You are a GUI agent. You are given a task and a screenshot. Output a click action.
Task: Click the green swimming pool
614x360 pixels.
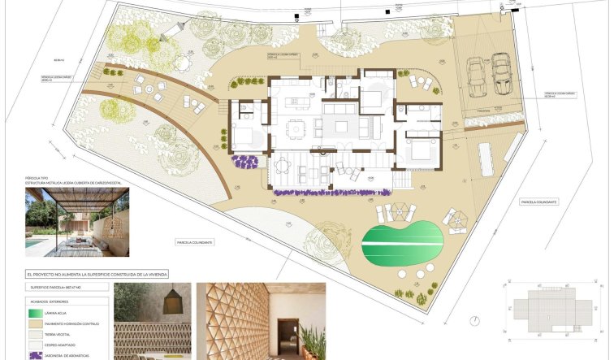400,240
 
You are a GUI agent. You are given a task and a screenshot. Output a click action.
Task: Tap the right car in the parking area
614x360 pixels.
501,72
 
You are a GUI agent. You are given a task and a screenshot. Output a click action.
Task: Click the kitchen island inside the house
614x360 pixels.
297,102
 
